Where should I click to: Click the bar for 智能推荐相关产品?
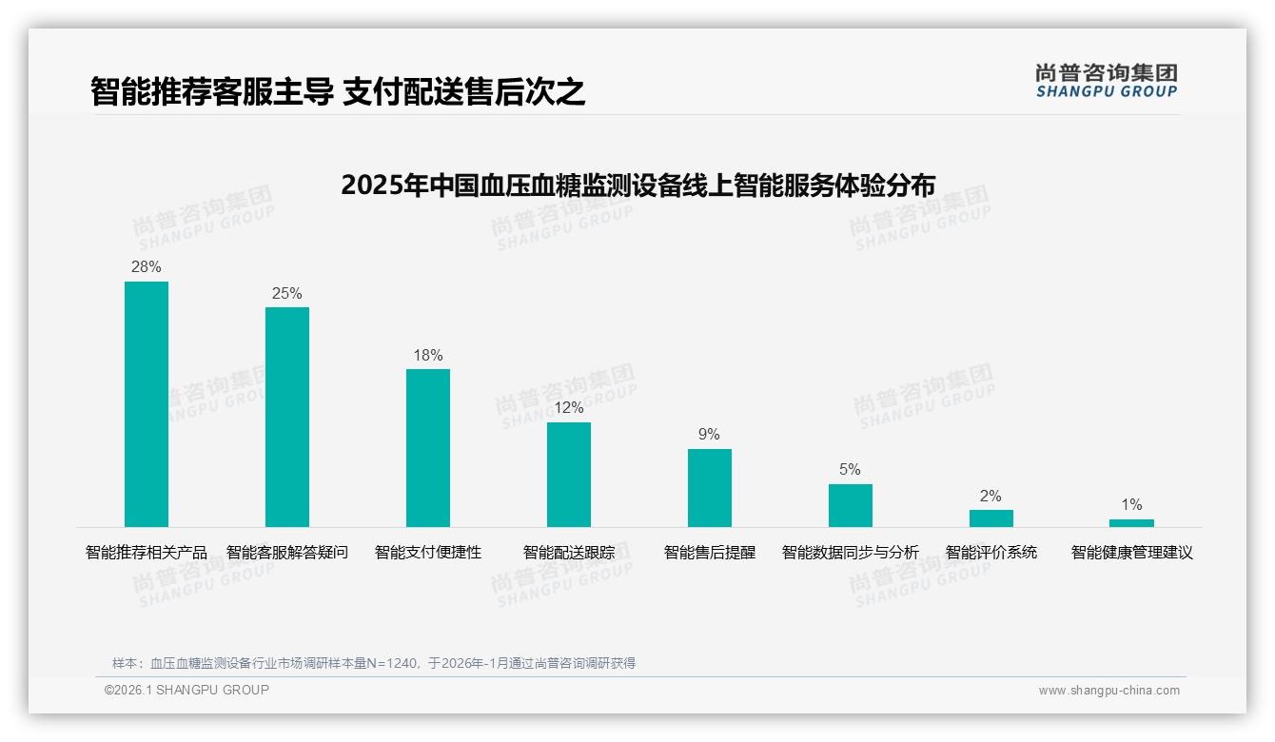(x=147, y=404)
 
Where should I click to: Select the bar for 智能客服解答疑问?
(x=287, y=417)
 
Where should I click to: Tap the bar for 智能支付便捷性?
(x=428, y=448)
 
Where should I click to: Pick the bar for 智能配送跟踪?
(x=569, y=475)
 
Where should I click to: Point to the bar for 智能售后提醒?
(x=710, y=488)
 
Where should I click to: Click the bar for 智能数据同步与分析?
(x=851, y=506)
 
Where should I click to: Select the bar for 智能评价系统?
(x=991, y=518)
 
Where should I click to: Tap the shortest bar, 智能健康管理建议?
(x=1131, y=523)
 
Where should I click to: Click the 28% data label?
(x=147, y=267)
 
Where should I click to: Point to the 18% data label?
(x=428, y=356)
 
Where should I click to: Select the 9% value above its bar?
(x=709, y=435)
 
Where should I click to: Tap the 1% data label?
(x=1131, y=505)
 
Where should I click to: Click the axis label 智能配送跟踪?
(x=569, y=553)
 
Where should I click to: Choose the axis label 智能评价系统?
(x=991, y=553)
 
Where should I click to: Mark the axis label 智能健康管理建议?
(x=1131, y=553)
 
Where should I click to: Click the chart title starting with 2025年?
(x=637, y=185)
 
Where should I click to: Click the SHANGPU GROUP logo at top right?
(x=1106, y=81)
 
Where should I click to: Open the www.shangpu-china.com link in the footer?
(x=1108, y=691)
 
